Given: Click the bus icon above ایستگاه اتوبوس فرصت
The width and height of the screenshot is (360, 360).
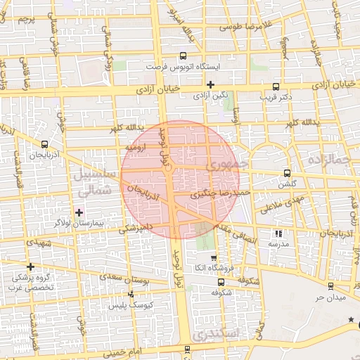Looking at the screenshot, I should pyautogui.click(x=183, y=56).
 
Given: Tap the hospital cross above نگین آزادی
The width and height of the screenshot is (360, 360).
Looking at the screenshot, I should pyautogui.click(x=210, y=84).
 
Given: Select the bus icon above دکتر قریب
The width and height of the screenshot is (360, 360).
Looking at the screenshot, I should pyautogui.click(x=274, y=84).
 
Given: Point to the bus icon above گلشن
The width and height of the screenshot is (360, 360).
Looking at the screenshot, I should pyautogui.click(x=286, y=173).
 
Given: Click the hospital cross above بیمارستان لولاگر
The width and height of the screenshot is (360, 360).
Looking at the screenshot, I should pyautogui.click(x=79, y=212).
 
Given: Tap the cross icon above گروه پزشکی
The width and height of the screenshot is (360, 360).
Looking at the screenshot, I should pyautogui.click(x=30, y=266).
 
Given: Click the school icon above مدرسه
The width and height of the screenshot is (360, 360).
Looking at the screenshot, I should pyautogui.click(x=278, y=233).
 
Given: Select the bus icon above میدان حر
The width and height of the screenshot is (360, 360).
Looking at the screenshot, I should pyautogui.click(x=330, y=285).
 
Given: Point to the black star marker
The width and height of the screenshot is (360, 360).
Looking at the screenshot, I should pyautogui.click(x=351, y=321).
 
